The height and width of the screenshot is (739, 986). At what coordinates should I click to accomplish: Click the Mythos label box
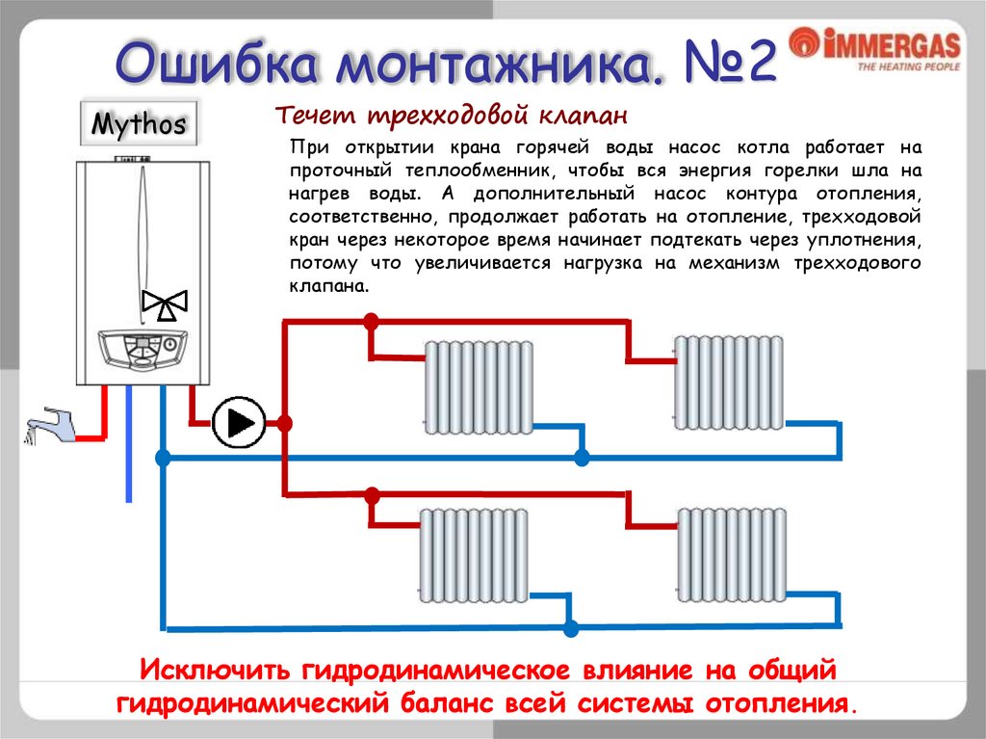pos(140,125)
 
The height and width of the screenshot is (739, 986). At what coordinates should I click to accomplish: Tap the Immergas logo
pos(874,49)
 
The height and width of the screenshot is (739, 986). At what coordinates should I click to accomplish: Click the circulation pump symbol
pos(238,422)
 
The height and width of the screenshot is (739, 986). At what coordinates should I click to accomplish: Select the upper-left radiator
pos(479,386)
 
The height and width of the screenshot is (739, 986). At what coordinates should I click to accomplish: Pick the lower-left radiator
pos(473,554)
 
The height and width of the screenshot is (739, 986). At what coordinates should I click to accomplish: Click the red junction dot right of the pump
pos(285,422)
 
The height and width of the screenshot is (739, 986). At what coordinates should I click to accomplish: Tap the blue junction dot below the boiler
pos(163,458)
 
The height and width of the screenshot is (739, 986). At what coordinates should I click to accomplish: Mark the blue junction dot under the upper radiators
pos(581,458)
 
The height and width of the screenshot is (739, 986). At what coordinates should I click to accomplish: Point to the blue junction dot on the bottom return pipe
pos(570,628)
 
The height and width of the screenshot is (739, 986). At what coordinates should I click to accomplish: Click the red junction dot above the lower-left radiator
pos(372,495)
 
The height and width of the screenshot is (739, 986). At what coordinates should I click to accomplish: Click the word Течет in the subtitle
pos(311,117)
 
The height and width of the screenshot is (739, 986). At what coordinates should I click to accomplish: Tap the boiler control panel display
pos(143,342)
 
